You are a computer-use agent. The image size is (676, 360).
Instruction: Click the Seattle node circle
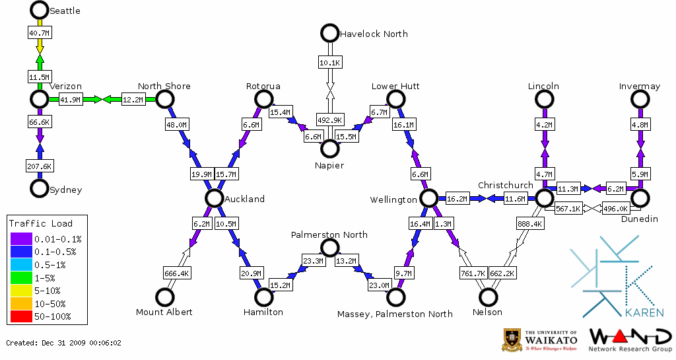[40, 10]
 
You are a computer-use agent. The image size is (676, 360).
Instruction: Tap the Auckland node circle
[213, 198]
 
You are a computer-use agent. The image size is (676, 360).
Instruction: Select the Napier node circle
[329, 149]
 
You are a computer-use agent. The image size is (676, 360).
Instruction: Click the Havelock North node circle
[329, 32]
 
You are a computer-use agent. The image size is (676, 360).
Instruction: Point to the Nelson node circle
[488, 297]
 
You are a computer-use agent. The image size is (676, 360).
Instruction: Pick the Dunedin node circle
[639, 198]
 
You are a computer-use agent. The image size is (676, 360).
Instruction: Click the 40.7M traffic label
[39, 32]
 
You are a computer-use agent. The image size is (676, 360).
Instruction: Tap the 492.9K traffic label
[329, 120]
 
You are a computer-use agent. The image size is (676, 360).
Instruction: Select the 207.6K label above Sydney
[39, 166]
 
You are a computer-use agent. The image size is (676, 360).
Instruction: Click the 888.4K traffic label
[530, 224]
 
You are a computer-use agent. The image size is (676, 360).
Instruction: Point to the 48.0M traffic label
[177, 124]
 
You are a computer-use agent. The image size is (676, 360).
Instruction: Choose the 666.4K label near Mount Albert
[176, 273]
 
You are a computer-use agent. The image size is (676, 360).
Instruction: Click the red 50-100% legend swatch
[20, 316]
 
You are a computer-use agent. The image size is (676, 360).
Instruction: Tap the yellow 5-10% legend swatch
[20, 291]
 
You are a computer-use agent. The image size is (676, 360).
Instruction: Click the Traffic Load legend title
[41, 223]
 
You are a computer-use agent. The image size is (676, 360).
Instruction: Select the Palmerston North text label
[329, 234]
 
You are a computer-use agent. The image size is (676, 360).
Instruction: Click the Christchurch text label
[505, 185]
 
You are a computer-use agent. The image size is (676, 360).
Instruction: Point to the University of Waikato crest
[512, 340]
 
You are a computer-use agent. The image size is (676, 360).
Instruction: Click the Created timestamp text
[64, 343]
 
